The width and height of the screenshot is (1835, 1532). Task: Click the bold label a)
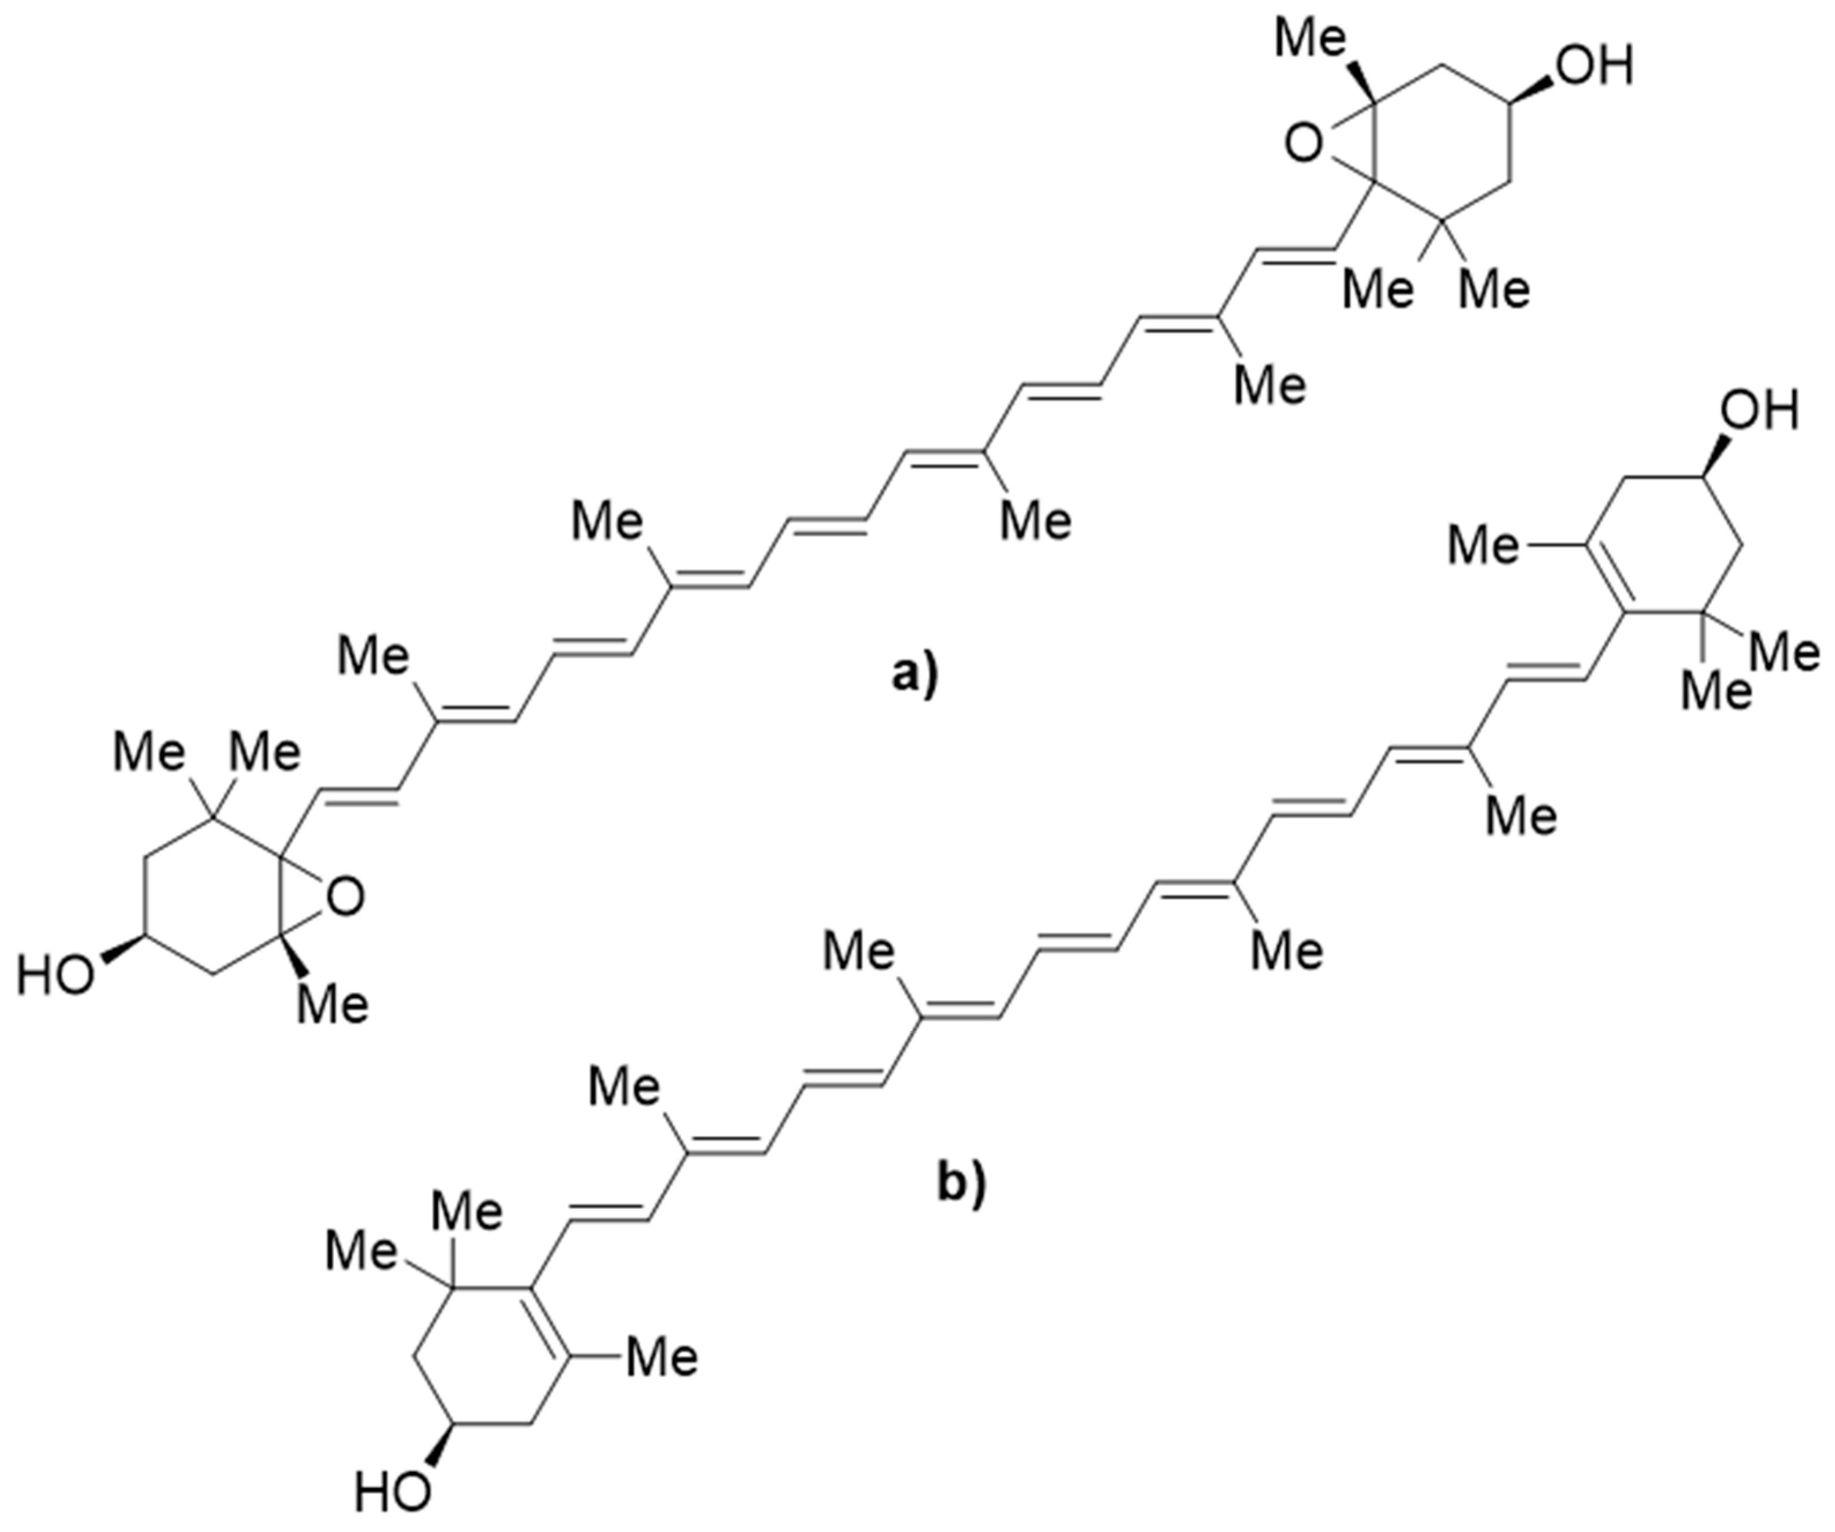pos(913,675)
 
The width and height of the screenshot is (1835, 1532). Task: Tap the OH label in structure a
pos(1596,67)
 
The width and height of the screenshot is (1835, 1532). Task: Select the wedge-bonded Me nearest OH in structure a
pos(1308,39)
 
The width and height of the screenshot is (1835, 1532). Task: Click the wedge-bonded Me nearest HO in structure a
pos(333,1005)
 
